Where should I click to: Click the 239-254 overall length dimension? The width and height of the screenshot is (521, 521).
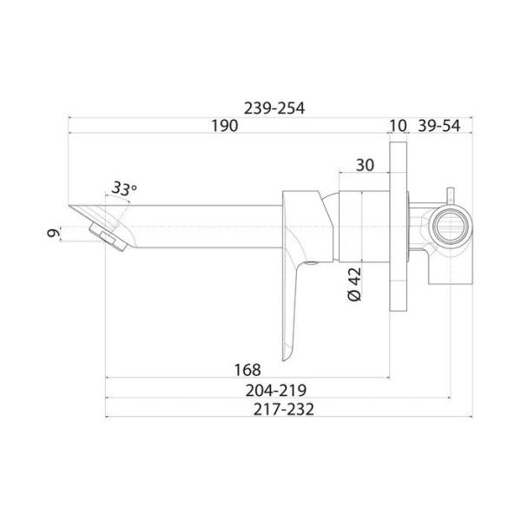(274, 109)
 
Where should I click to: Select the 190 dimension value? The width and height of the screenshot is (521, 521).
(225, 126)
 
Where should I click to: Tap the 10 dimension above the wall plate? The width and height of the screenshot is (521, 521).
(398, 126)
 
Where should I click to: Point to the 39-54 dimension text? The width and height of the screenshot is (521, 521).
(439, 126)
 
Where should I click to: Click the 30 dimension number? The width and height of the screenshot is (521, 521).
(365, 165)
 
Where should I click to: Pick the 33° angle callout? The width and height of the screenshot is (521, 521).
(123, 188)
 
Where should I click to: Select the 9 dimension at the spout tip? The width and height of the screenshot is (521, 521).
(54, 233)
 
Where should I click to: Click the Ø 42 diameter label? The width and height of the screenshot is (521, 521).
(354, 285)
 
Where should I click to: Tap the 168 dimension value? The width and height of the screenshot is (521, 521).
(247, 370)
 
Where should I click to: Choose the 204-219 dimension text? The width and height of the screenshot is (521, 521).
(276, 391)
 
